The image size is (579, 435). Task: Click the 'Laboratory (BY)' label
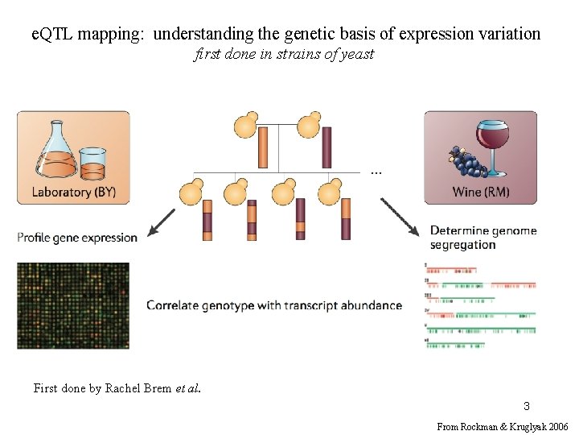73,192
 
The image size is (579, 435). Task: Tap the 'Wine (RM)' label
480,192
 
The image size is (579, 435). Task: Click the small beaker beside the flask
92,164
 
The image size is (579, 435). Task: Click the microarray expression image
73,305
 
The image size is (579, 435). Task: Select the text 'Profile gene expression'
77,237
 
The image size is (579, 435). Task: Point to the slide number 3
527,406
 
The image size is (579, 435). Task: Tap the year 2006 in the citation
556,426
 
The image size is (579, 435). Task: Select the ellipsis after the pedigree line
376,172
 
